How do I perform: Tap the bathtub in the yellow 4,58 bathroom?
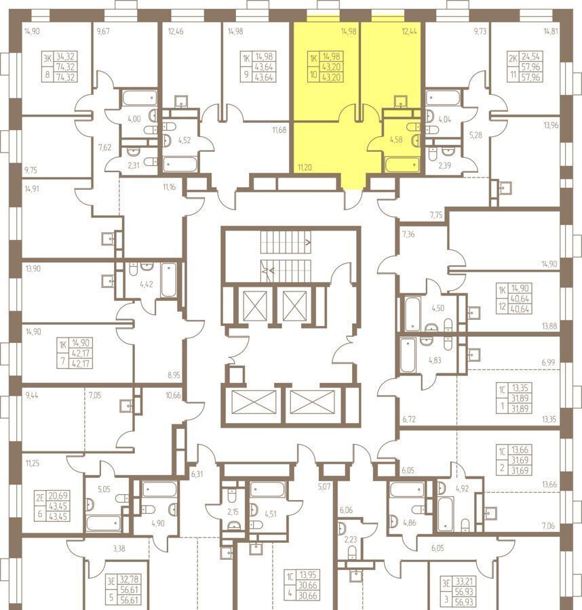click(x=402, y=165)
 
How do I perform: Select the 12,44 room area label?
click(x=409, y=31)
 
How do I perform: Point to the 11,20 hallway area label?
click(x=305, y=167)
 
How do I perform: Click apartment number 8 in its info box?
click(x=48, y=73)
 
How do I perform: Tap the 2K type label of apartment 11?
click(x=513, y=59)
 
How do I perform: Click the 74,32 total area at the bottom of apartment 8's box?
click(x=65, y=77)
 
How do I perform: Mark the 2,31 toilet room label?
click(x=134, y=165)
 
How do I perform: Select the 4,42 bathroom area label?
click(x=147, y=285)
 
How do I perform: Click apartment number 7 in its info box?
click(x=62, y=361)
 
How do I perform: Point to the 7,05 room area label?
click(x=95, y=396)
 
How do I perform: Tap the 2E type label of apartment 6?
click(x=41, y=497)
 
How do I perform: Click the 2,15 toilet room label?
click(x=233, y=512)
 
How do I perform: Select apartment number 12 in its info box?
click(x=502, y=306)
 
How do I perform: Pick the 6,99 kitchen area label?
click(x=548, y=363)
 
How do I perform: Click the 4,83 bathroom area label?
click(x=435, y=361)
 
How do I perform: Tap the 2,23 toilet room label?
click(x=351, y=540)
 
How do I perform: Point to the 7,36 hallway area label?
click(x=408, y=235)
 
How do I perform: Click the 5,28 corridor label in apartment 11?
click(x=476, y=136)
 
